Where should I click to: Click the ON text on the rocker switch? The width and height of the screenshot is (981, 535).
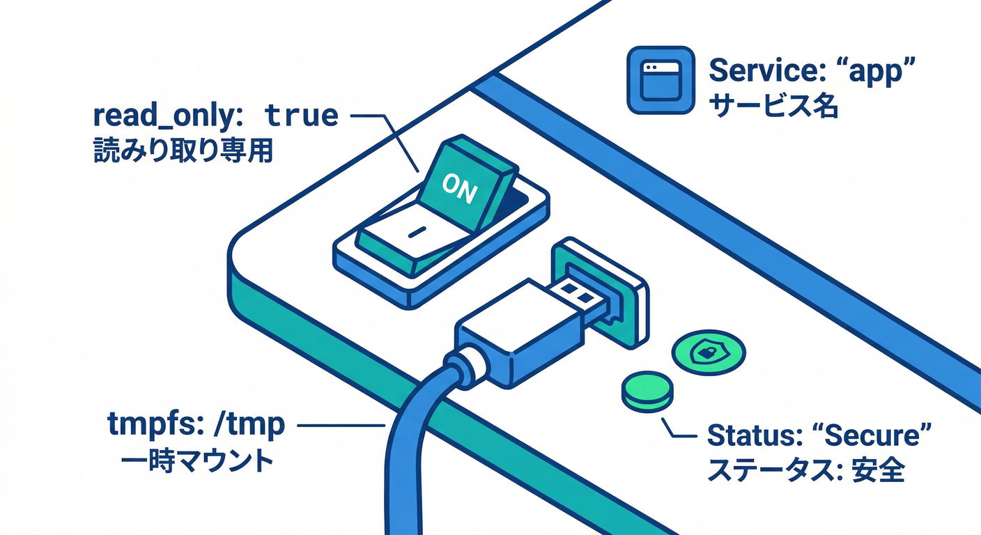[460, 188]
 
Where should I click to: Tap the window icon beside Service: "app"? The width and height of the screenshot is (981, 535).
[661, 79]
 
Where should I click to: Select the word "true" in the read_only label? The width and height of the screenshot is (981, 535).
[302, 116]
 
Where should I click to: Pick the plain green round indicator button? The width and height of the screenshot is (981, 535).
[648, 391]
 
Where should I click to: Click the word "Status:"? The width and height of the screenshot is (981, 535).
[751, 436]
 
